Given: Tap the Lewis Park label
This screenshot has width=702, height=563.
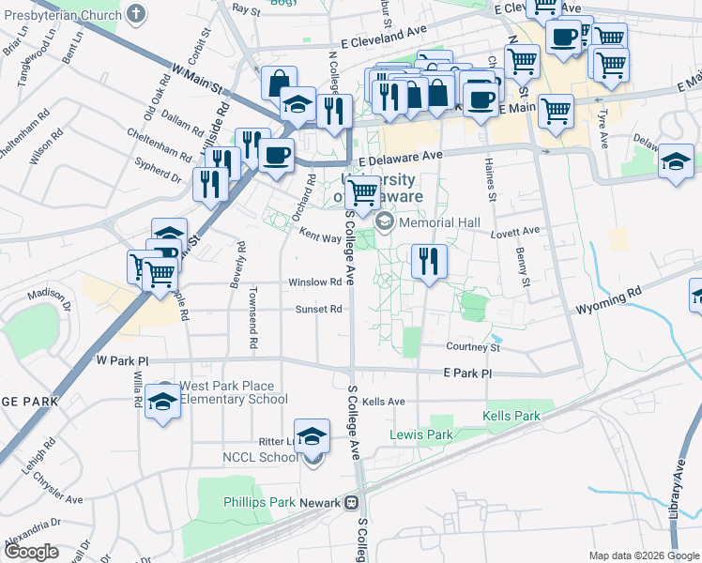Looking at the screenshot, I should pos(421,434).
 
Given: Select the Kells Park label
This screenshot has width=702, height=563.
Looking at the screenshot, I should pos(511,415).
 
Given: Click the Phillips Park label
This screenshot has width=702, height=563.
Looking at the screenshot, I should pos(259,502).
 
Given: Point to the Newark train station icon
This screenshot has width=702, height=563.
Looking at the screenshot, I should pos(351,502).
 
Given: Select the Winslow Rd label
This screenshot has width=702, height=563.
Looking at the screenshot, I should pos(314,281).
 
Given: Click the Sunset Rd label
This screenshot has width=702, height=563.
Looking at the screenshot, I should pos(319,309).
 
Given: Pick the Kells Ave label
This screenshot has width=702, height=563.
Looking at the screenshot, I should pos(383,402).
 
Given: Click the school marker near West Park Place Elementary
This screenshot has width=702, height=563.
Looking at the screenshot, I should pos(163,403).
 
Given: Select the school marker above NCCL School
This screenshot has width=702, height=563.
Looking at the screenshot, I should pos(313,436).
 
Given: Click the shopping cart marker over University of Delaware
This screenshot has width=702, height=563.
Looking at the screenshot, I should pos(362,193).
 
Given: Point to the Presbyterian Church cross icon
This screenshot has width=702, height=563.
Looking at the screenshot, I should pos(137,13).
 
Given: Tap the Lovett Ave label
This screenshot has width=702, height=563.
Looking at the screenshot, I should pos(518,231).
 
